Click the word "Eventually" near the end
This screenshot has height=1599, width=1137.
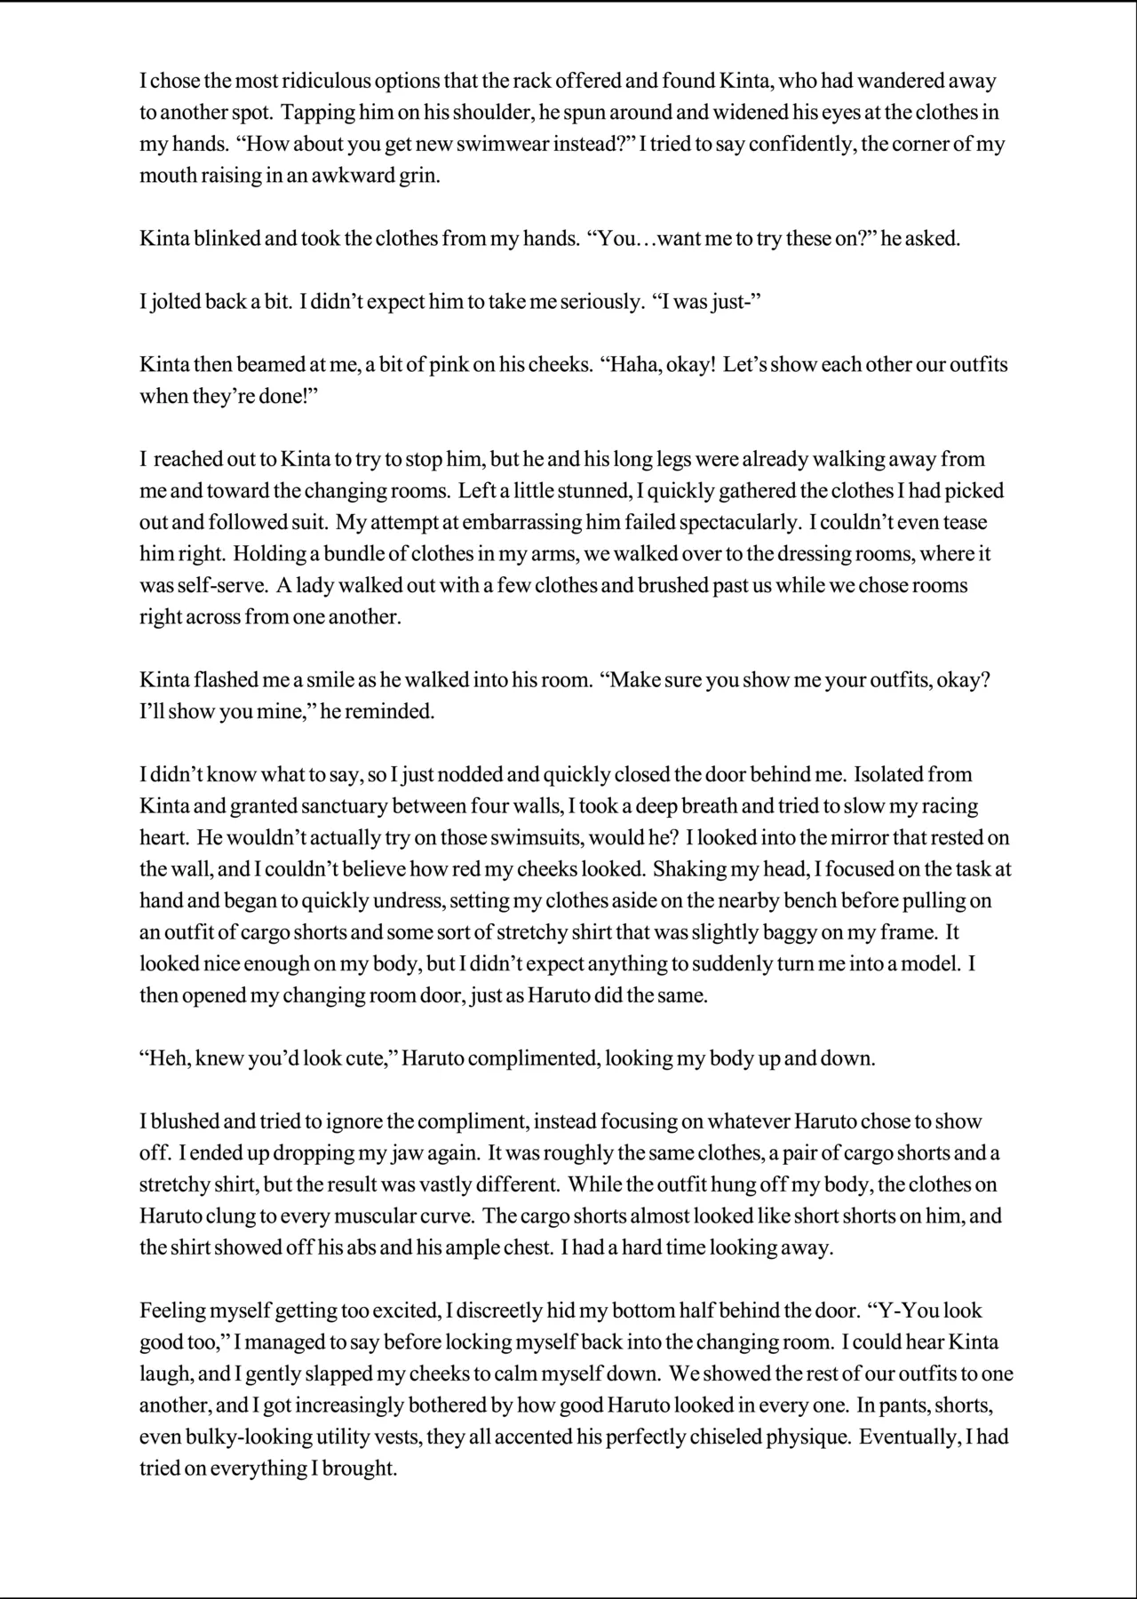click(905, 1437)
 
